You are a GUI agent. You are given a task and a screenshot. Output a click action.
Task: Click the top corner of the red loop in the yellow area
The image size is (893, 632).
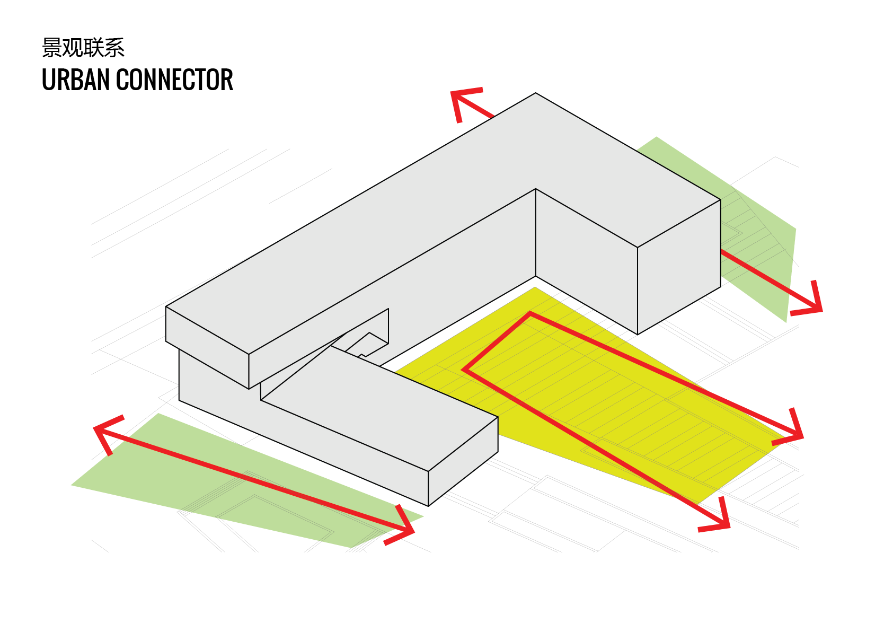click(531, 314)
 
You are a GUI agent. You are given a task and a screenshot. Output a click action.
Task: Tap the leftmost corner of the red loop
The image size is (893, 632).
click(465, 370)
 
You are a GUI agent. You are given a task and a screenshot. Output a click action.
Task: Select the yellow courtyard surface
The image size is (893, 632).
click(609, 403)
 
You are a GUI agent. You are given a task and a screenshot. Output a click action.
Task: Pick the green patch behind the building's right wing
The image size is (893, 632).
click(763, 254)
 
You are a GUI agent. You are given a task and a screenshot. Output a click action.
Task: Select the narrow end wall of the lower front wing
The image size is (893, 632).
click(463, 461)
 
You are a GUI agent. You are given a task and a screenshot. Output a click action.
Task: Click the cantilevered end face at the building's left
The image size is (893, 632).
click(207, 347)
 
